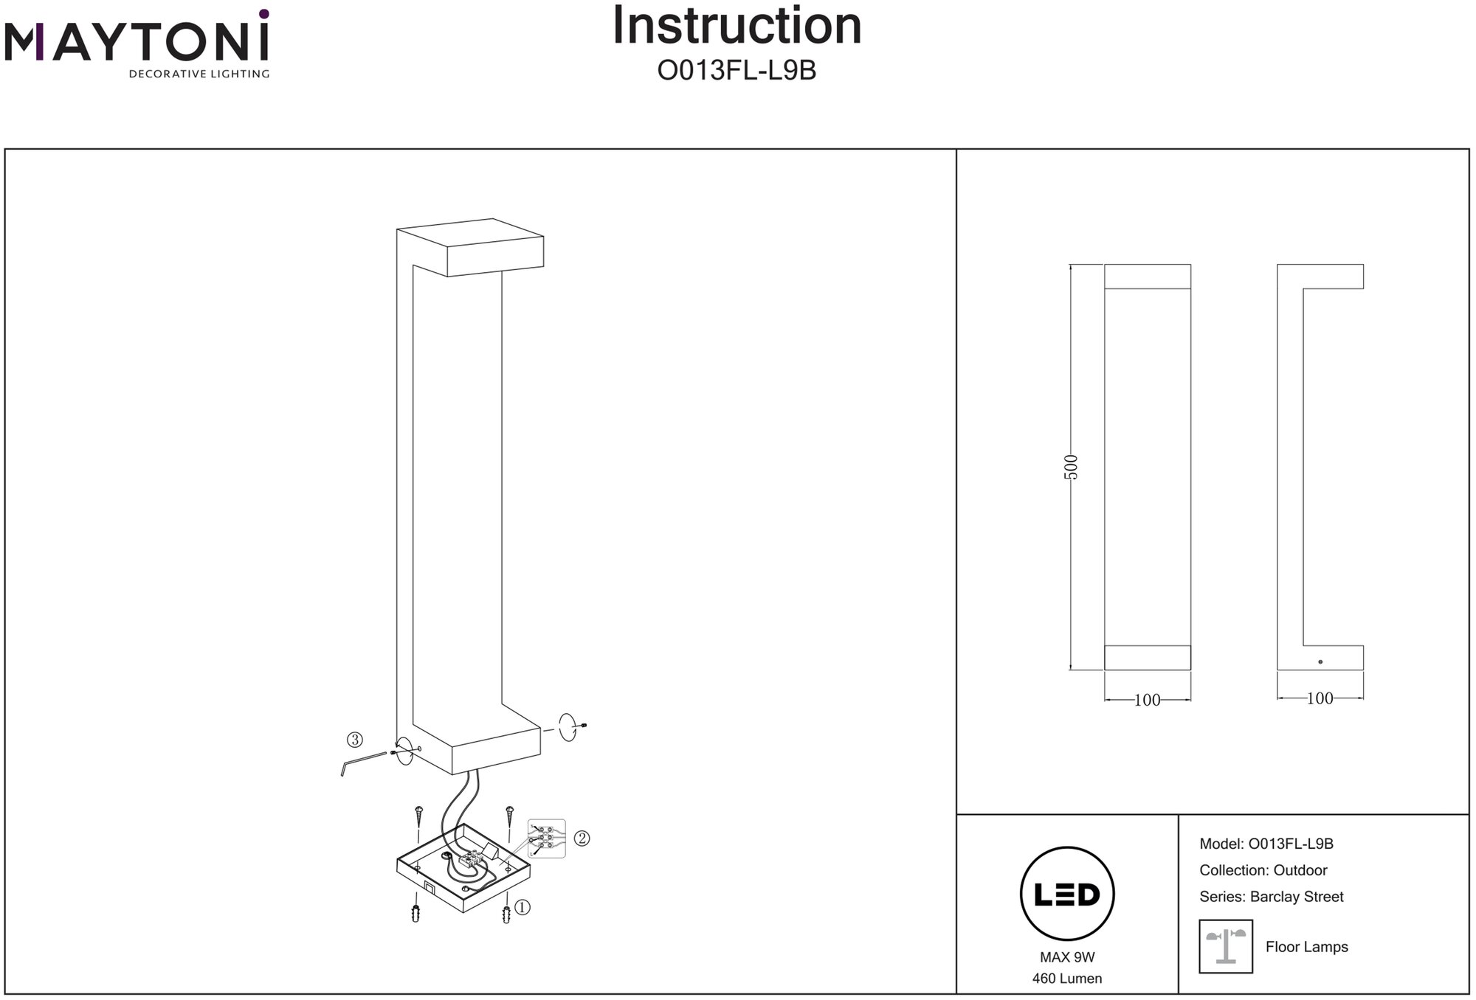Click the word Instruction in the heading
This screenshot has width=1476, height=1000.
737,27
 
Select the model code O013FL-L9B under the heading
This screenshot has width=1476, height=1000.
737,71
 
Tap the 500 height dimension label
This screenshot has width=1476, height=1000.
1072,467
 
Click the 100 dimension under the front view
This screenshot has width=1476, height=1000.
1147,700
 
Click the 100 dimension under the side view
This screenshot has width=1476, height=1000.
1320,698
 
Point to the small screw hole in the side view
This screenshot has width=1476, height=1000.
1320,662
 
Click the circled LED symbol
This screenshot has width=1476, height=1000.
1066,894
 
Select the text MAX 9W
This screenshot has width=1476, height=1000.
1067,957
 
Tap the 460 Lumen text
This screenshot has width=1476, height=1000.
1067,979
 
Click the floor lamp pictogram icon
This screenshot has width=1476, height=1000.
1226,946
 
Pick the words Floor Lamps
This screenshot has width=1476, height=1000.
1306,947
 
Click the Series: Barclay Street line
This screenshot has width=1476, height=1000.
1271,897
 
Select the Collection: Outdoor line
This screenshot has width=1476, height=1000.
1263,870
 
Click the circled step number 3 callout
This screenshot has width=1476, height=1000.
355,740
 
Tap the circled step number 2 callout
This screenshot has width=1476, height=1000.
582,838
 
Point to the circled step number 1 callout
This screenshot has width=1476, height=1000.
522,907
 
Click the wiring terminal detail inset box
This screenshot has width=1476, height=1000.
547,838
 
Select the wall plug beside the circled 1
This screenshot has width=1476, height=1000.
506,914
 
